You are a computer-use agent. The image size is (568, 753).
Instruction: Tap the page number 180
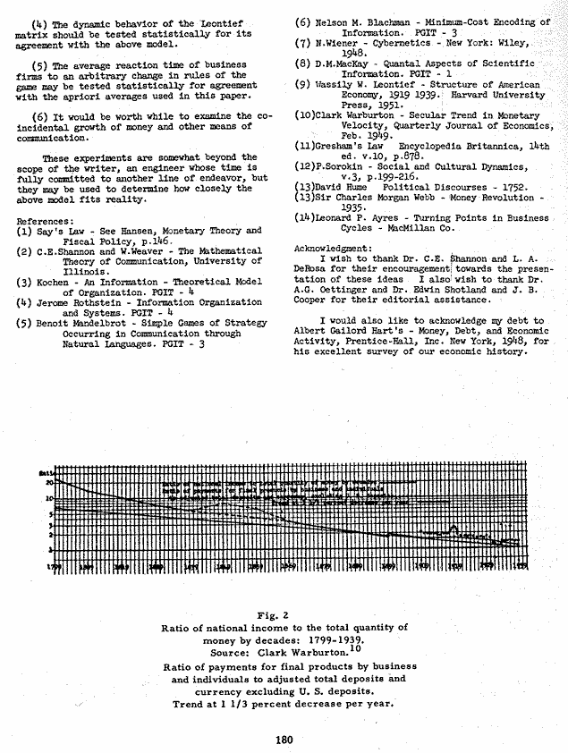point(283,738)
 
